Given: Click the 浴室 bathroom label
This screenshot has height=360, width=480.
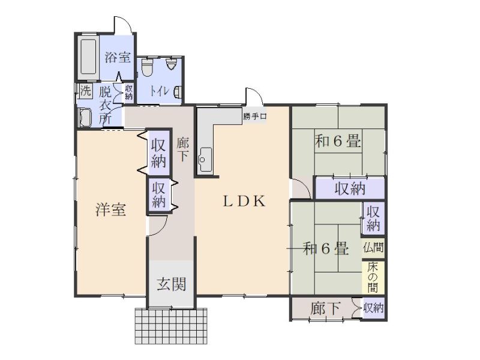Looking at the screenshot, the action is click(118, 57).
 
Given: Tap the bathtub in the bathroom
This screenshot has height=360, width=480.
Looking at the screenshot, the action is click(88, 58).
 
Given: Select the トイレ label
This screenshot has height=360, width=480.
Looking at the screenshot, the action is click(159, 91).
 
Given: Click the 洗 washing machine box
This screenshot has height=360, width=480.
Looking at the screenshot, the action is click(85, 91).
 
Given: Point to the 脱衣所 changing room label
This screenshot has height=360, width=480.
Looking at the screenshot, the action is click(105, 105).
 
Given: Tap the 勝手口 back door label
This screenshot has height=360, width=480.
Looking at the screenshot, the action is click(255, 116).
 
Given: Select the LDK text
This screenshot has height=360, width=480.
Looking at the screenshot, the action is click(244, 201).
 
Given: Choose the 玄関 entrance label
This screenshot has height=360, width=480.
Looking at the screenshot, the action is click(172, 284).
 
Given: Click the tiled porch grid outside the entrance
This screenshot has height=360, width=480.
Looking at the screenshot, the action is click(171, 326).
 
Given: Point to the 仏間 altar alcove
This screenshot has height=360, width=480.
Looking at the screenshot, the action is click(373, 247).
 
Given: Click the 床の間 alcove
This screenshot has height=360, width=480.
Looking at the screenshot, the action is click(373, 277).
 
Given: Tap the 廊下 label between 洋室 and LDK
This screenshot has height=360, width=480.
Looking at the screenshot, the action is click(183, 149).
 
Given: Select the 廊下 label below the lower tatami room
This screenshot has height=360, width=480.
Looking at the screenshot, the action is click(325, 308).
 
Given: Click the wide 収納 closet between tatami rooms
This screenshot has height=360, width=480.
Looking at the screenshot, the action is click(350, 188).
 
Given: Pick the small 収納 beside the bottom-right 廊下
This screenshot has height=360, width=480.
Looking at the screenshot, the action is click(373, 308).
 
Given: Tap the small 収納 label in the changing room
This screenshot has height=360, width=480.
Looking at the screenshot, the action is click(129, 92).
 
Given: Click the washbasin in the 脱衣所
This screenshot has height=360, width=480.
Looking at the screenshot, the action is click(85, 118).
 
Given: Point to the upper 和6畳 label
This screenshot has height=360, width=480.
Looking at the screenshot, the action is click(338, 141).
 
